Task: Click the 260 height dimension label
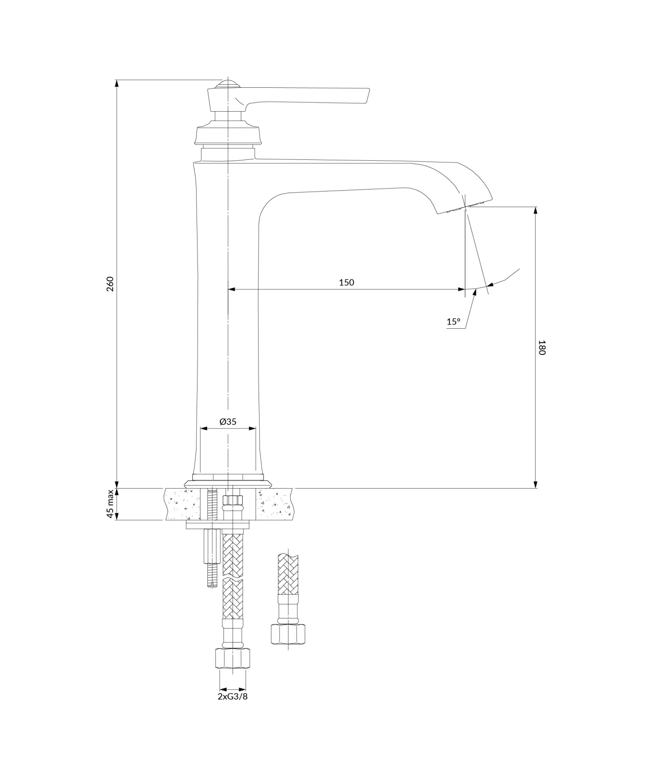(x=110, y=284)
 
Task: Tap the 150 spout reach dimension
(x=346, y=282)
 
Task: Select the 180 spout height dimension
(x=541, y=347)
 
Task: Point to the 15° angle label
(x=453, y=322)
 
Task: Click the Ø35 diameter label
(x=228, y=421)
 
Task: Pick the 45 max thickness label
(x=110, y=504)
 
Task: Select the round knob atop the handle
(x=227, y=84)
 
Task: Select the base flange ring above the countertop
(x=228, y=482)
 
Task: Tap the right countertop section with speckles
(x=275, y=504)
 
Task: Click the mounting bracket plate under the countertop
(x=218, y=526)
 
